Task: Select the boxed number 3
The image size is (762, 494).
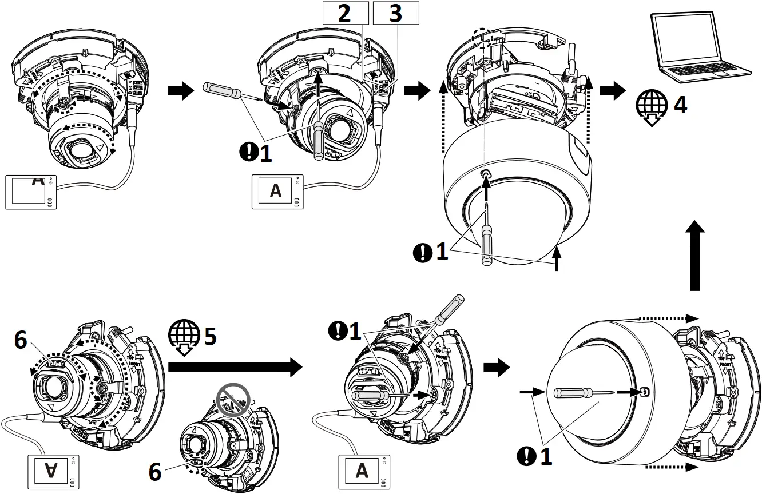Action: (x=395, y=13)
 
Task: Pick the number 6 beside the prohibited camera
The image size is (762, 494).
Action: (x=156, y=472)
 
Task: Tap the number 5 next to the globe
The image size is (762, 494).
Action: (x=210, y=337)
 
